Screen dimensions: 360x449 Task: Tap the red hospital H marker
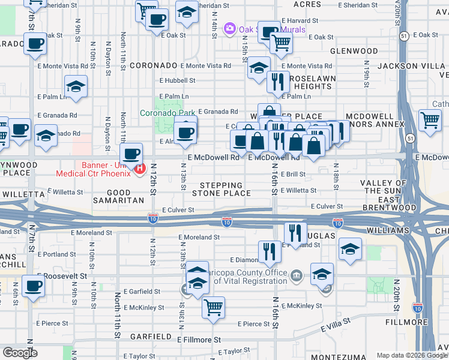pos(140,169)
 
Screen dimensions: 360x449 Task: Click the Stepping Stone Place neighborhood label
pos(221,189)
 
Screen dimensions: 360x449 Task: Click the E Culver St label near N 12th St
pos(178,210)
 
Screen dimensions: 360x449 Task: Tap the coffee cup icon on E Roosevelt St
pos(33,286)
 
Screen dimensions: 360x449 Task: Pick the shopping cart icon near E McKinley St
pos(213,307)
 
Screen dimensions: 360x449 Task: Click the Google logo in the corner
pos(20,353)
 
